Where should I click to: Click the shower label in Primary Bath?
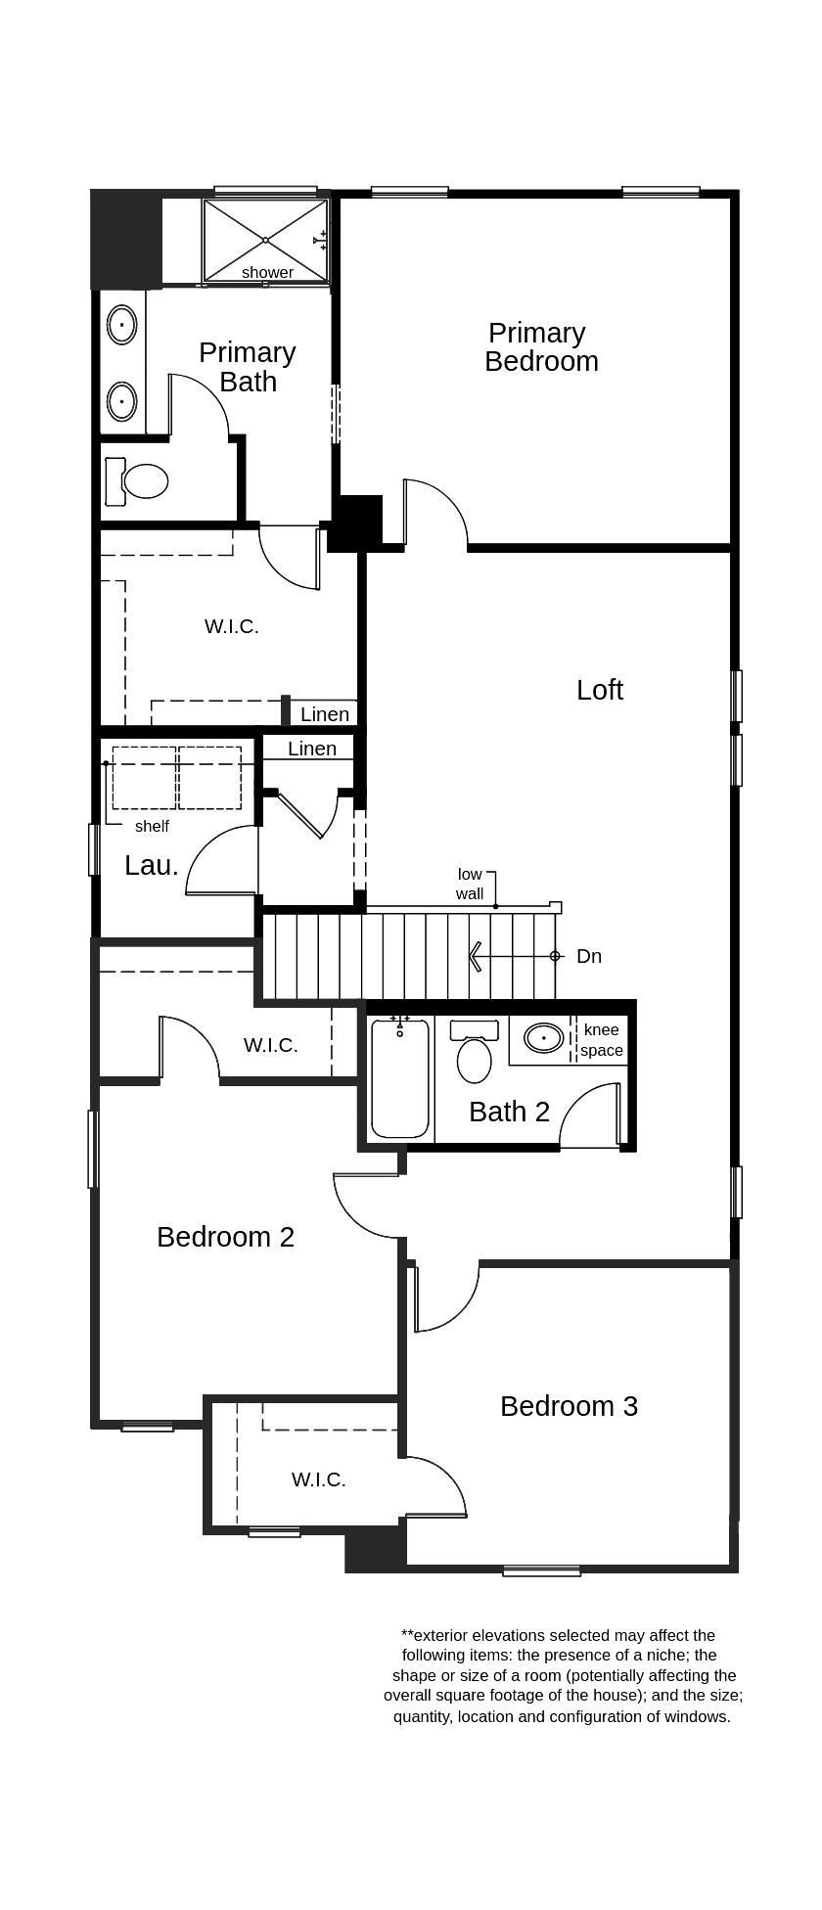coord(267,273)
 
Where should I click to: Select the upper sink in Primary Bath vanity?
coord(122,324)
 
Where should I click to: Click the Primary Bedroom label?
coord(540,347)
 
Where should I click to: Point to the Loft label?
coord(599,690)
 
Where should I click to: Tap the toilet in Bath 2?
coord(475,1060)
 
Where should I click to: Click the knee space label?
coord(601,1040)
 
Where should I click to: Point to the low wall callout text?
coord(470,884)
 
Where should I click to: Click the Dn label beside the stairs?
coord(589,956)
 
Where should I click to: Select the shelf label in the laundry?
coord(152,827)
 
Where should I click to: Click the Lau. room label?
coord(152,865)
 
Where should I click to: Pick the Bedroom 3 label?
coord(569,1406)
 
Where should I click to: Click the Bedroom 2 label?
coord(225,1237)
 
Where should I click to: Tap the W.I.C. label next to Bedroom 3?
coord(318,1479)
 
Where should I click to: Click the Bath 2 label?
coord(509,1112)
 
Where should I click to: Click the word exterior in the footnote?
coord(447,1635)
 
